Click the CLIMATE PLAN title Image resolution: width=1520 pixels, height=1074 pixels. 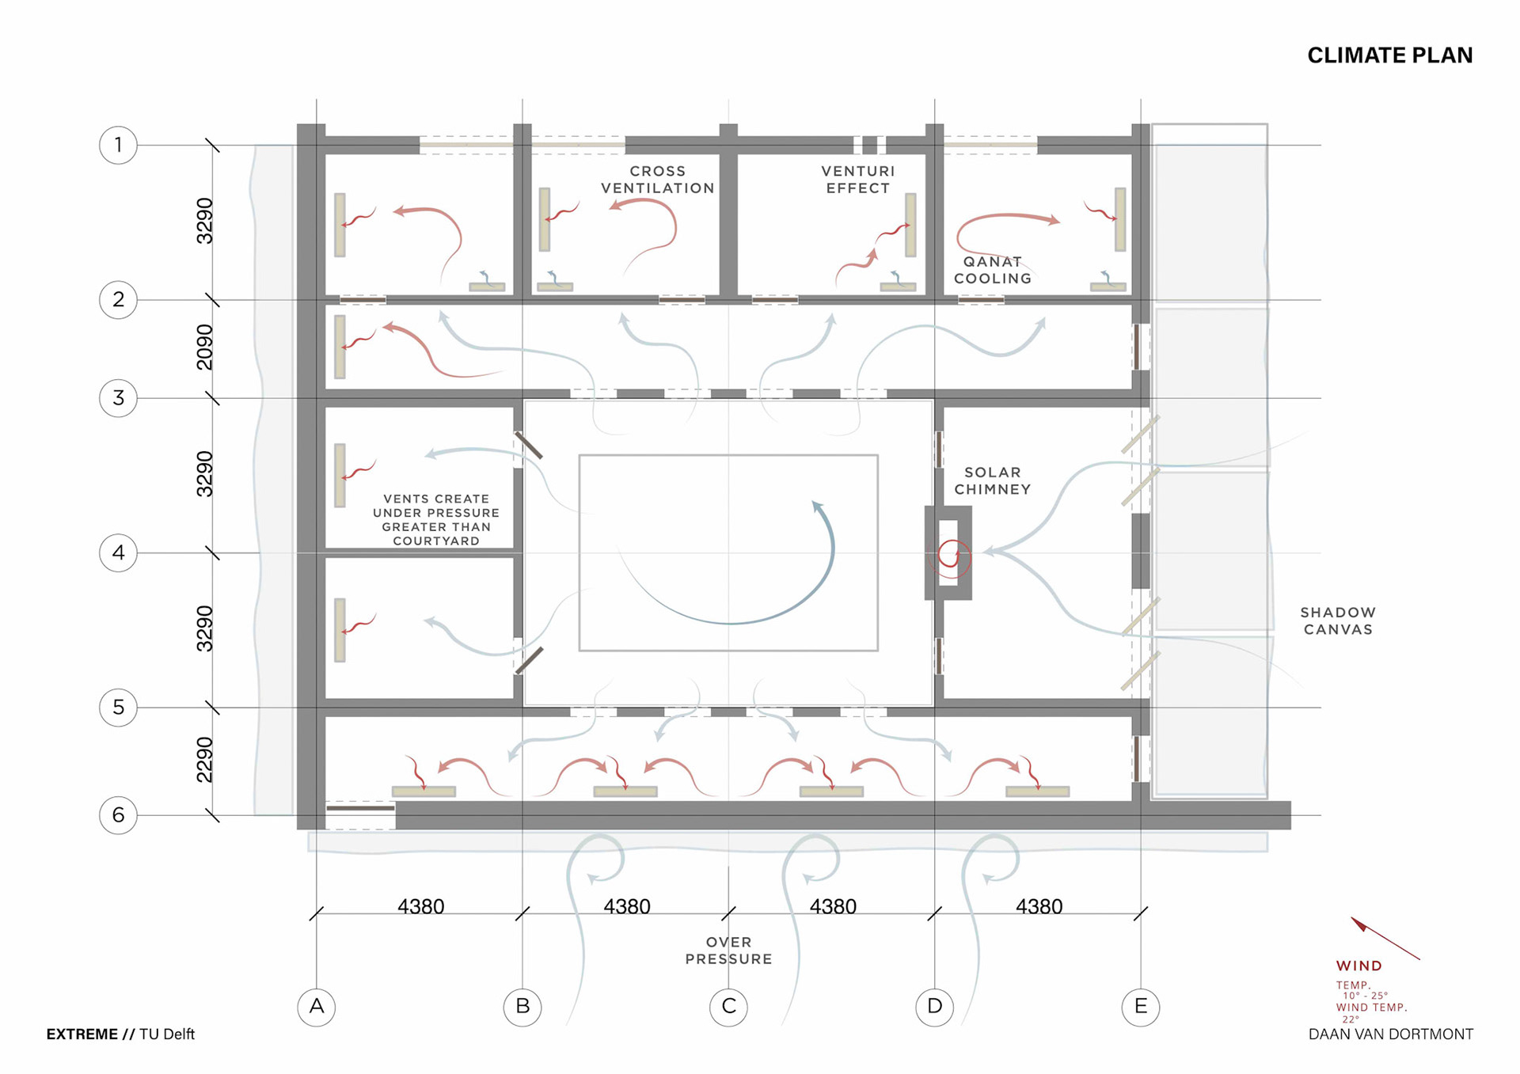click(x=1389, y=55)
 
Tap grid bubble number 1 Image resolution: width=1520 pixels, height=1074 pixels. click(x=118, y=145)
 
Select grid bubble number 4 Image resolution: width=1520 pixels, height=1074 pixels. click(x=118, y=552)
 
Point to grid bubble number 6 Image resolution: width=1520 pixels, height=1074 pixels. click(x=118, y=815)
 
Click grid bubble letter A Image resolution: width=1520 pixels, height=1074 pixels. click(x=317, y=1007)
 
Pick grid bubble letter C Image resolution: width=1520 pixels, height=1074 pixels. click(x=729, y=1007)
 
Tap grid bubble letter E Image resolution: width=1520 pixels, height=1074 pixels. click(x=1141, y=1007)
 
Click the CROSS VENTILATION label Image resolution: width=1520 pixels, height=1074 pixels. click(x=658, y=180)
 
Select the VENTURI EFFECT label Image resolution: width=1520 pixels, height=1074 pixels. click(x=858, y=180)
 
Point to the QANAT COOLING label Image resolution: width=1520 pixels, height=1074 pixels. click(x=993, y=270)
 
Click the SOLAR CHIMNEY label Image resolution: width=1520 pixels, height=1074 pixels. click(x=993, y=480)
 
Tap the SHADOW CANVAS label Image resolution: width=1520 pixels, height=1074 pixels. click(x=1338, y=621)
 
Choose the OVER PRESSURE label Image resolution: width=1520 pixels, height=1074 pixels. click(x=729, y=951)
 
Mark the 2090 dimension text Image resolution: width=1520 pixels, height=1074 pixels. click(x=205, y=347)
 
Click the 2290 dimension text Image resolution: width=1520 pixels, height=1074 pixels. click(x=205, y=760)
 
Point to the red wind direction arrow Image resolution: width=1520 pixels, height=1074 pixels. click(x=1385, y=939)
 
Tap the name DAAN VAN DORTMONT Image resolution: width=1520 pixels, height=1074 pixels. click(x=1391, y=1034)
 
